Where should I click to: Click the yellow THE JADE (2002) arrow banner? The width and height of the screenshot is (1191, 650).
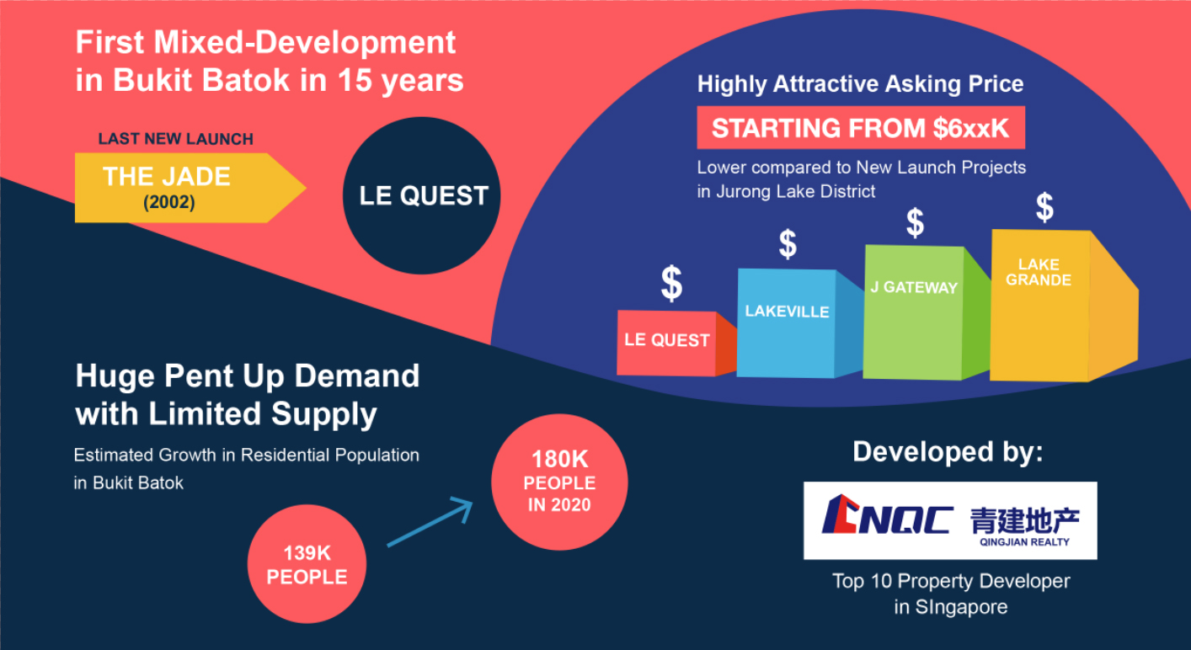[x=190, y=188]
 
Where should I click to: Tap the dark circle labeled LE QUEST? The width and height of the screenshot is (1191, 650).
[x=422, y=195]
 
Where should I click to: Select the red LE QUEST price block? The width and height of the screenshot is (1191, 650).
[x=676, y=344]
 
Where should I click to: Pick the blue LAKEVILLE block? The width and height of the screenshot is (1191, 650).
[x=798, y=323]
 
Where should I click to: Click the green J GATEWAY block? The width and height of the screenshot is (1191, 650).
[x=925, y=312]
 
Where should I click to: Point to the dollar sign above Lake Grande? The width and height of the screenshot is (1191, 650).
[x=1044, y=207]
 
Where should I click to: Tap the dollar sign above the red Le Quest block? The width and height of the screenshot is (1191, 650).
[x=671, y=283]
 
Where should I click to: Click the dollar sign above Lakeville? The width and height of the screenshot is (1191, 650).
[x=788, y=244]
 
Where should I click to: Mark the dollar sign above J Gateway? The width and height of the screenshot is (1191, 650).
[x=915, y=222]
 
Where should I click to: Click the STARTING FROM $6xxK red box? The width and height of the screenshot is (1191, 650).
[x=861, y=127]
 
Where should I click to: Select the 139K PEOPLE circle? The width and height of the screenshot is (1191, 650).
[x=307, y=564]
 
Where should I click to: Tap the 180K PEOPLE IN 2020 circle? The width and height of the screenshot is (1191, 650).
[x=559, y=482]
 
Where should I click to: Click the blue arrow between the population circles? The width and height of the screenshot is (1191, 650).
[x=430, y=522]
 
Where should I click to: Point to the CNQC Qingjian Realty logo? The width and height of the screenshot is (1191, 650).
[x=950, y=520]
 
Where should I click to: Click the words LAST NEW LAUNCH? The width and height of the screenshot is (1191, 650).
[x=175, y=139]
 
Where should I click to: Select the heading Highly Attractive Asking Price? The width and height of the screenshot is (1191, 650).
[x=860, y=84]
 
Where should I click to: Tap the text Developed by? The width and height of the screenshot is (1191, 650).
[x=948, y=452]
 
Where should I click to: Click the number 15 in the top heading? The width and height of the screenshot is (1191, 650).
[x=354, y=80]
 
